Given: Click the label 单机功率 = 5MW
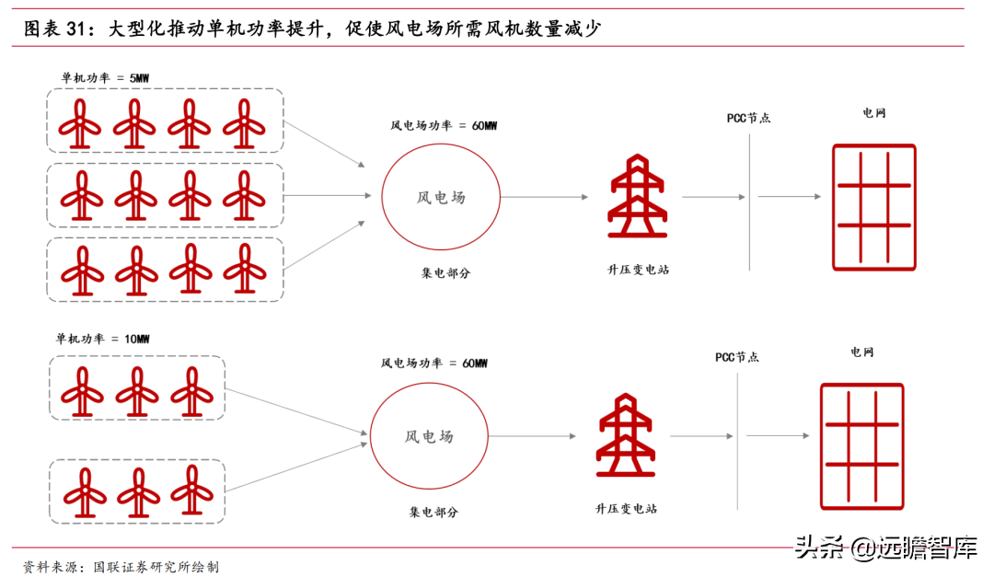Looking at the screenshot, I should pyautogui.click(x=105, y=79).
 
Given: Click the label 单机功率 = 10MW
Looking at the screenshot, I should pyautogui.click(x=102, y=340).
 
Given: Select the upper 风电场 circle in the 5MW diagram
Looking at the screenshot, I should pyautogui.click(x=441, y=197).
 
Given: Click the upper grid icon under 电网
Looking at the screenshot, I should pyautogui.click(x=873, y=207).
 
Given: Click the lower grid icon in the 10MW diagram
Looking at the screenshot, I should pyautogui.click(x=862, y=445).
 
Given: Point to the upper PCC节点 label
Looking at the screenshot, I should pyautogui.click(x=748, y=118).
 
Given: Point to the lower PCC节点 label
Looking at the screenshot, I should pyautogui.click(x=737, y=357).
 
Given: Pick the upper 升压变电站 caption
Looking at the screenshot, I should pyautogui.click(x=638, y=270).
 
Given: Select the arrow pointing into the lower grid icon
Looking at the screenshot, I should pyautogui.click(x=779, y=435).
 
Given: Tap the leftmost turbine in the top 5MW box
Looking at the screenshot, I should pyautogui.click(x=80, y=122).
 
